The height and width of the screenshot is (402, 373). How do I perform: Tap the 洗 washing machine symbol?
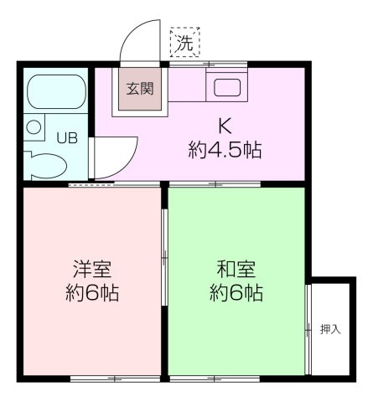[184, 43]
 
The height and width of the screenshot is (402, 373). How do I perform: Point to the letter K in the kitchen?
[225, 127]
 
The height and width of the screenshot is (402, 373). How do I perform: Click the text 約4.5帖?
[225, 152]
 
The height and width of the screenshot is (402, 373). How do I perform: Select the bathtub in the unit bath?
[54, 94]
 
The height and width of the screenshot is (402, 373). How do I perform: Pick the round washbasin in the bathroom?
[34, 127]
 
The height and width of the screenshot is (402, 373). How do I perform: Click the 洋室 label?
[91, 270]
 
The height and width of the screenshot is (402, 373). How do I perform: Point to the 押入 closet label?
[330, 329]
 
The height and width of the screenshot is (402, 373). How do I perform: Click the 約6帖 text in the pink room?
[91, 294]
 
